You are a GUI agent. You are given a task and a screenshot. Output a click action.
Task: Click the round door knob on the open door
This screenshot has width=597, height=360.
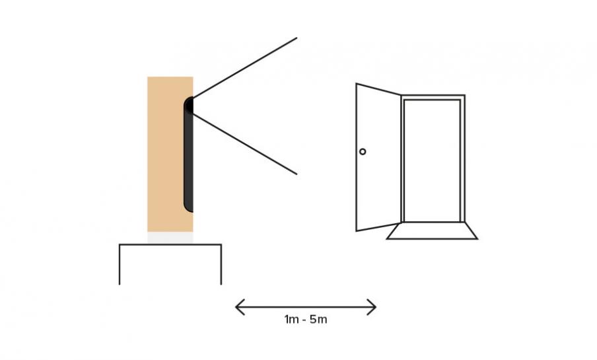(363, 152)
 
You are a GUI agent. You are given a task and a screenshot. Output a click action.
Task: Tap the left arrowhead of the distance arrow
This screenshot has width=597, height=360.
(240, 307)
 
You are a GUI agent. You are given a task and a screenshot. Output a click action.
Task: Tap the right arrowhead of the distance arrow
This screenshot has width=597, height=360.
(372, 307)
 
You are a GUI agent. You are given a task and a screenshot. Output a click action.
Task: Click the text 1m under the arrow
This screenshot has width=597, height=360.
(291, 319)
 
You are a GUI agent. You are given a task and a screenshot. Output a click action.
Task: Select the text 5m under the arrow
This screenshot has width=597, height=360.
(318, 319)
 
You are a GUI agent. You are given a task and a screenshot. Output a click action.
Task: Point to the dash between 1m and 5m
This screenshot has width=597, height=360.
(304, 320)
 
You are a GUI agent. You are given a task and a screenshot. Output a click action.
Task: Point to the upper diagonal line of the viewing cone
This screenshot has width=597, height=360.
(245, 68)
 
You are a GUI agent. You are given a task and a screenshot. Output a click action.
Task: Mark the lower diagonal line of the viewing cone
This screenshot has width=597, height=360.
(245, 144)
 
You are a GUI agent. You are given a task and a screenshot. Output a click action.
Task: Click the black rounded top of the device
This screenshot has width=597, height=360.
(189, 105)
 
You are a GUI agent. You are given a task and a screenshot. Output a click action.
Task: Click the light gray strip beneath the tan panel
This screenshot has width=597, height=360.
(170, 238)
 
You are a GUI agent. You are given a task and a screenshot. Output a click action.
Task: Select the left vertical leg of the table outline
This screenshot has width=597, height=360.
(120, 264)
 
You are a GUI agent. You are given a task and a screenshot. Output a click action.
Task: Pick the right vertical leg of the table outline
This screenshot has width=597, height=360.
(221, 264)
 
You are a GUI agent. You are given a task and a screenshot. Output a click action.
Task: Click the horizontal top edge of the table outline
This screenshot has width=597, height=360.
(170, 244)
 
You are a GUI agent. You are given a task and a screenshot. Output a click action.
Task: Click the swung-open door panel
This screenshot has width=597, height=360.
(378, 157)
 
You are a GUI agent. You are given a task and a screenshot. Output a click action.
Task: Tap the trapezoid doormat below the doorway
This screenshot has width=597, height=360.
(432, 231)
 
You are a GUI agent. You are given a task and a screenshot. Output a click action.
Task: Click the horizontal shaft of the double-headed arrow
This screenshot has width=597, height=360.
(306, 307)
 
